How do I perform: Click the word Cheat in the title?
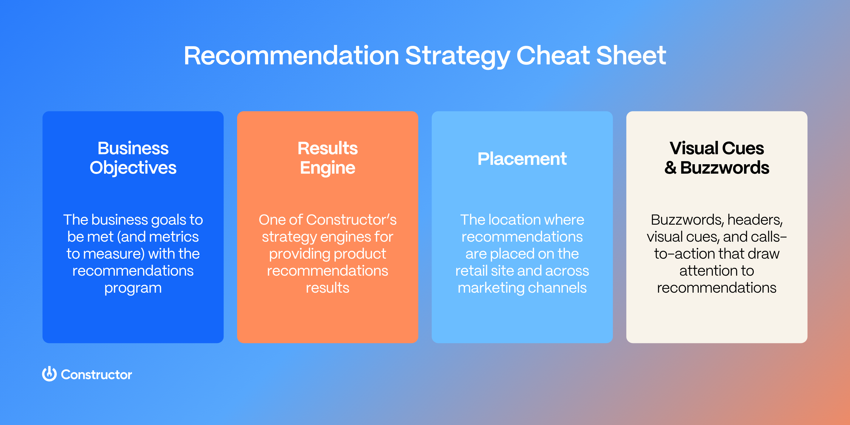(x=553, y=56)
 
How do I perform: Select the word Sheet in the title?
(x=631, y=56)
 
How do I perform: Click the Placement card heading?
(x=522, y=159)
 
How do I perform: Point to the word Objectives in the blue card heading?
(x=133, y=168)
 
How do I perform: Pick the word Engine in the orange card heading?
(x=327, y=168)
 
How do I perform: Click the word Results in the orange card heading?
(x=327, y=148)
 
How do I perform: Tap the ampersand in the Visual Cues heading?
(x=670, y=168)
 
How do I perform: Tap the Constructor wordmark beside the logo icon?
(x=96, y=375)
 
